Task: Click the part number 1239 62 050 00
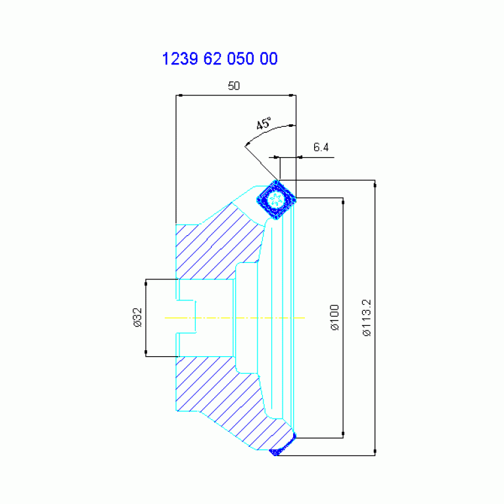coord(220,59)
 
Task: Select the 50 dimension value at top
coord(234,86)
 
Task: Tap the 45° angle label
coord(264,124)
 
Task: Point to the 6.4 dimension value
coord(321,147)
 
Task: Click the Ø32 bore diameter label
coord(137,317)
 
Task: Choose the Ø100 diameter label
coord(334,317)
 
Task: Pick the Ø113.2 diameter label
coord(367,317)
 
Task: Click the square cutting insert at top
coord(276,200)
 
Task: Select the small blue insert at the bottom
coord(282,445)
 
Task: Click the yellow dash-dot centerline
coord(235,318)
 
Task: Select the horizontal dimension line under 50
coord(236,95)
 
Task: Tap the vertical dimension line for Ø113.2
coord(375,317)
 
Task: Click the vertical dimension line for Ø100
coord(343,317)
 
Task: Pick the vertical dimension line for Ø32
coord(146,317)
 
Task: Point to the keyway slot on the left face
coord(187,317)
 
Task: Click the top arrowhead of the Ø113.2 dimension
coord(375,184)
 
